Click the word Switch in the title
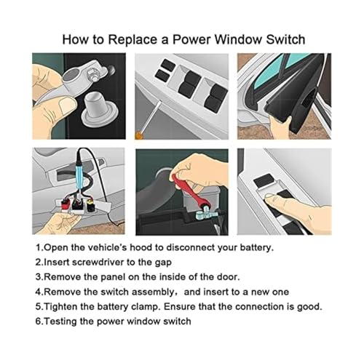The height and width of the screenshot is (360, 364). (285, 39)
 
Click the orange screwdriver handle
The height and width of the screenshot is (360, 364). (139, 135)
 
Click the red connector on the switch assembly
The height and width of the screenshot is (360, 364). (64, 204)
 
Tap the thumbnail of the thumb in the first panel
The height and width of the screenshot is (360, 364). (68, 106)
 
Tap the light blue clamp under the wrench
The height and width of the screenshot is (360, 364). (205, 215)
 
